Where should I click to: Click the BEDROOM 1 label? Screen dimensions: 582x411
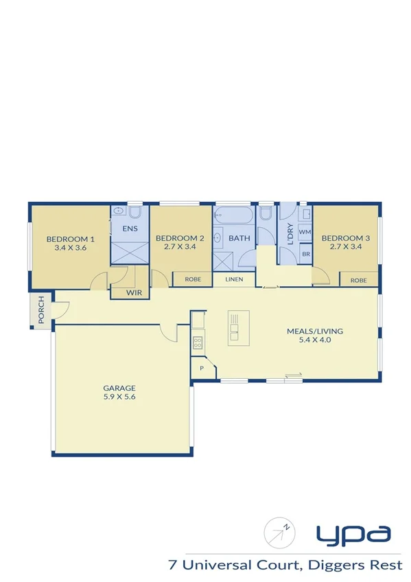pyautogui.click(x=69, y=239)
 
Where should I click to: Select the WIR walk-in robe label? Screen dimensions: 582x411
pyautogui.click(x=134, y=293)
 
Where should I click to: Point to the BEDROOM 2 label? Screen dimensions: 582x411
pyautogui.click(x=180, y=238)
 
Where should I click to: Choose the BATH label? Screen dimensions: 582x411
pyautogui.click(x=239, y=238)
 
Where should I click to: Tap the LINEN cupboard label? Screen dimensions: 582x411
pyautogui.click(x=233, y=280)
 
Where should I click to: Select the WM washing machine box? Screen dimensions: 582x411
pyautogui.click(x=305, y=233)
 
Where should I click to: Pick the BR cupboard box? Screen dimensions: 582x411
pyautogui.click(x=305, y=253)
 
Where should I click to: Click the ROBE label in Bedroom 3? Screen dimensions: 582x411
pyautogui.click(x=358, y=280)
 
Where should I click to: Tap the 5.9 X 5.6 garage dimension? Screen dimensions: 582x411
pyautogui.click(x=120, y=397)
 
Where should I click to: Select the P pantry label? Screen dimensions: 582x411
pyautogui.click(x=202, y=368)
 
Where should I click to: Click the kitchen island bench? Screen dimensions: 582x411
pyautogui.click(x=235, y=327)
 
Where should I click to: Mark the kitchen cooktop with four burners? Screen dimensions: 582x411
pyautogui.click(x=198, y=341)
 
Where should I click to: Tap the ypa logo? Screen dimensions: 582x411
pyautogui.click(x=353, y=533)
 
